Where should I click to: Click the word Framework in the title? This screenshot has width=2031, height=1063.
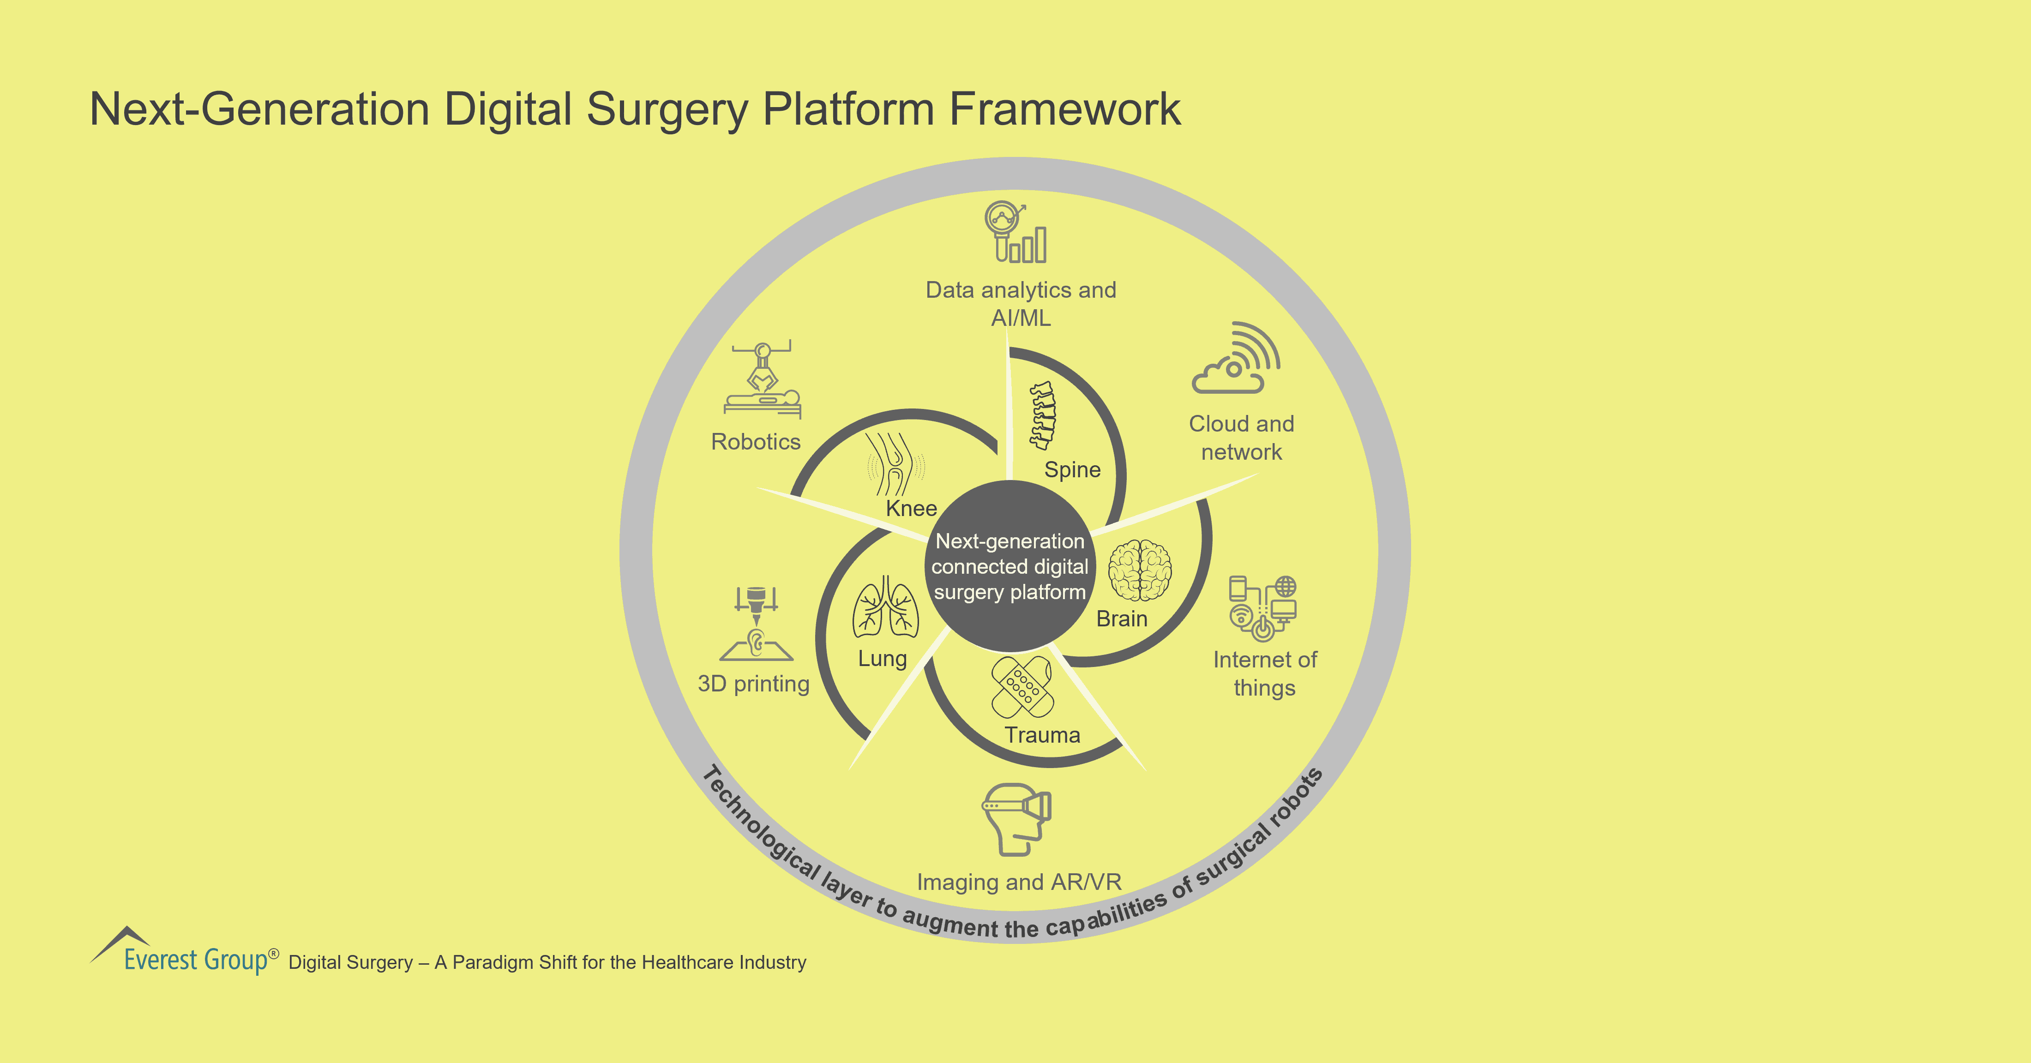(x=1064, y=109)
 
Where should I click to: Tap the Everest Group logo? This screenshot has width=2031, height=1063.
(x=185, y=952)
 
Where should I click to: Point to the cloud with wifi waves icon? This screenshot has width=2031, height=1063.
(x=1236, y=358)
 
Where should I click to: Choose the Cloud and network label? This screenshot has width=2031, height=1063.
(x=1241, y=438)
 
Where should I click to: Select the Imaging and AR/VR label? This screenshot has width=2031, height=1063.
(x=1019, y=882)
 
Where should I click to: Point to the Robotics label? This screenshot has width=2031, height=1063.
(x=755, y=442)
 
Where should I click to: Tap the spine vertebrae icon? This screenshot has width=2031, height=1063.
(x=1044, y=415)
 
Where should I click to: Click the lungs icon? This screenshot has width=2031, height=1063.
(x=885, y=607)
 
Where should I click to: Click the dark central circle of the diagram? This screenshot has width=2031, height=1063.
(x=1009, y=566)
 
